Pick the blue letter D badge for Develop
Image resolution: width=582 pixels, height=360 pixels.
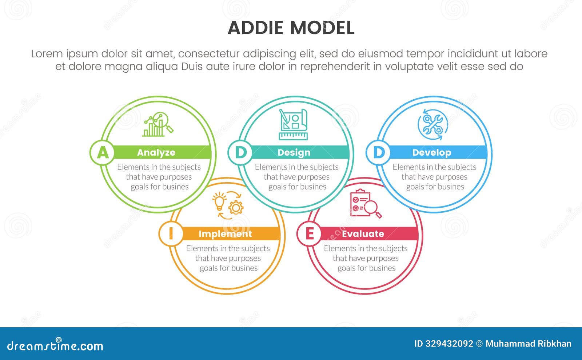pyautogui.click(x=379, y=152)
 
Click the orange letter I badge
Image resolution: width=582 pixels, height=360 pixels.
pyautogui.click(x=171, y=234)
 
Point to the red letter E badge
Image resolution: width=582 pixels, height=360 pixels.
pyautogui.click(x=310, y=234)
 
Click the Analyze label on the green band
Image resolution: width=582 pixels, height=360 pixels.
pyautogui.click(x=156, y=153)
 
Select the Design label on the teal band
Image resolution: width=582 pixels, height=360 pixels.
pyautogui.click(x=294, y=153)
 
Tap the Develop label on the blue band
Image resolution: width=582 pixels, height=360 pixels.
pyautogui.click(x=431, y=153)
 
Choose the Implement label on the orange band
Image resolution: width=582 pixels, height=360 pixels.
pyautogui.click(x=225, y=234)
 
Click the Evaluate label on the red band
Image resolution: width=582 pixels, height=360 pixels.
pyautogui.click(x=363, y=234)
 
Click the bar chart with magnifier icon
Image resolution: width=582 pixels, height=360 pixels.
pyautogui.click(x=158, y=125)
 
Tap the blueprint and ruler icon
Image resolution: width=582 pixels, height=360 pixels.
pyautogui.click(x=293, y=124)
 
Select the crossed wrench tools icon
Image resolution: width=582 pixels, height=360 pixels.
pyautogui.click(x=432, y=125)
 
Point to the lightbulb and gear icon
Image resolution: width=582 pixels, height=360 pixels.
pyautogui.click(x=228, y=205)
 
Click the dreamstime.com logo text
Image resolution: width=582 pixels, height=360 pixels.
pyautogui.click(x=55, y=345)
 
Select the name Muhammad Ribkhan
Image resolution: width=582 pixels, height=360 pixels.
pyautogui.click(x=528, y=344)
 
